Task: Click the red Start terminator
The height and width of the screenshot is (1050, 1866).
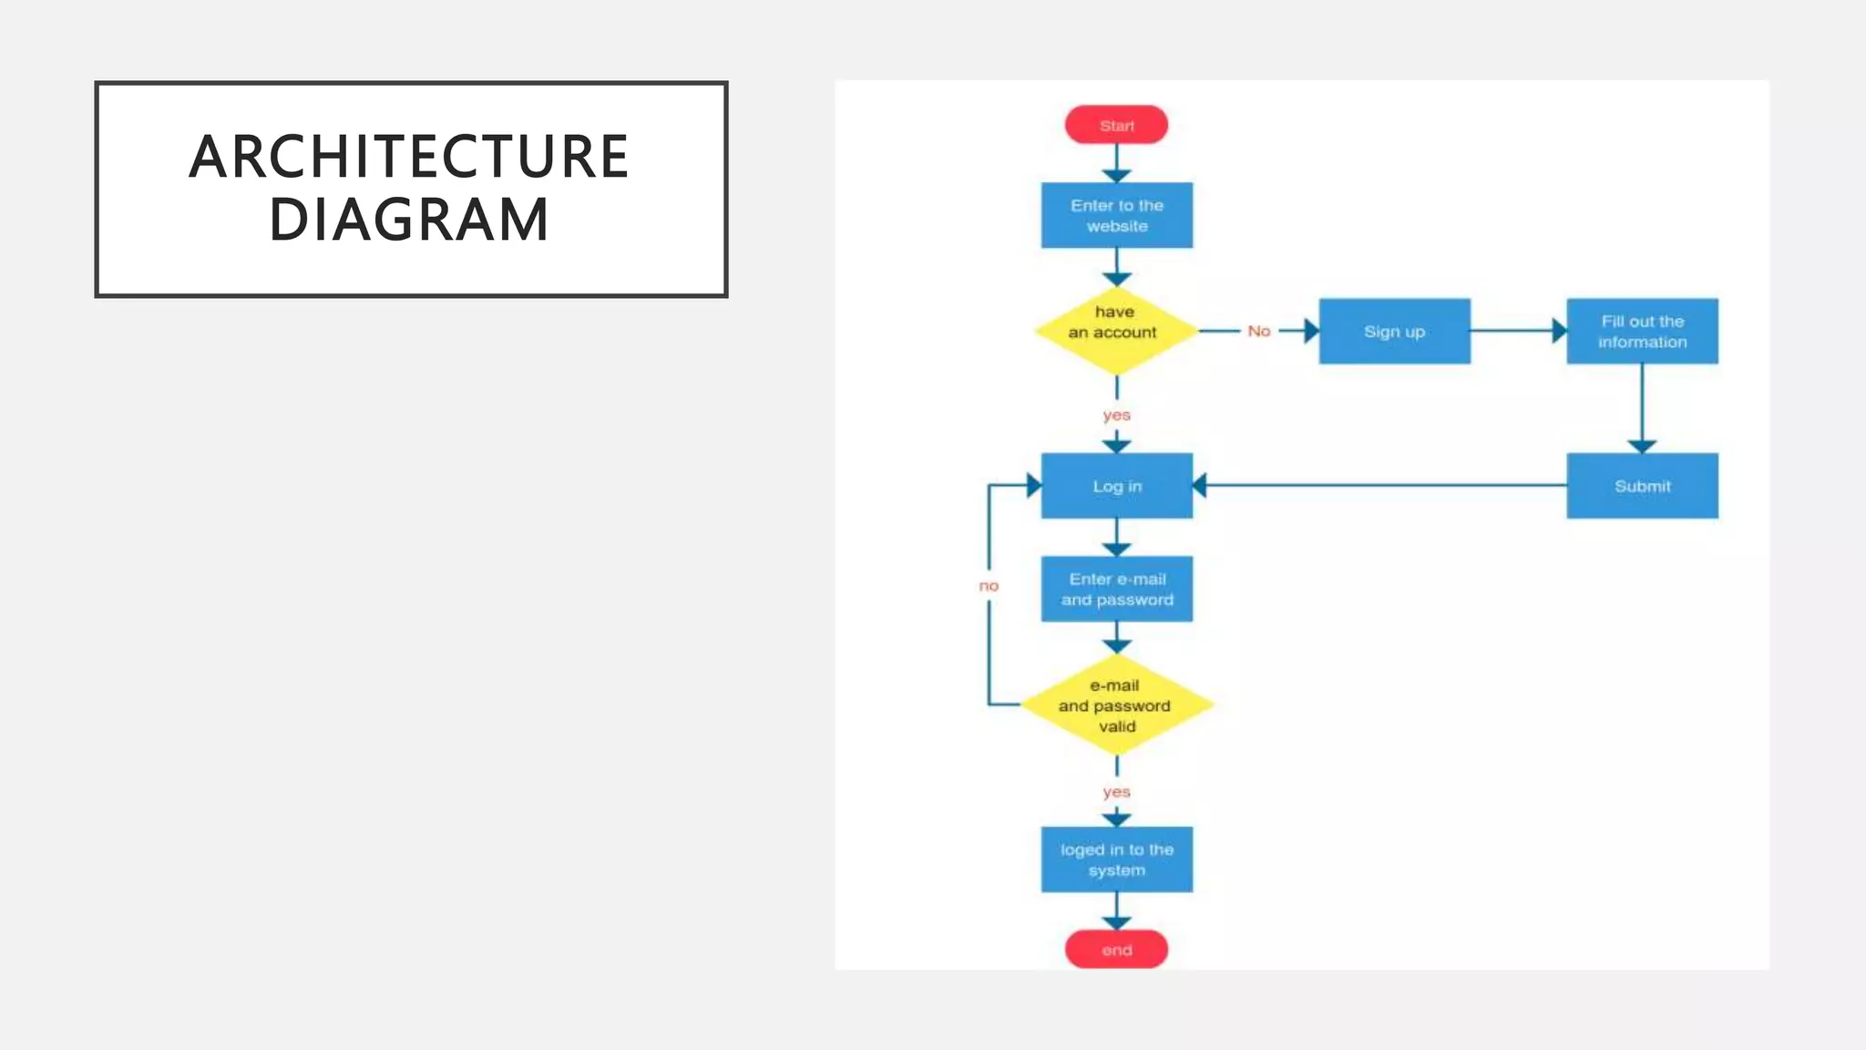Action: coord(1116,125)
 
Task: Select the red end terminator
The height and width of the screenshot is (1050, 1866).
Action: coord(1116,950)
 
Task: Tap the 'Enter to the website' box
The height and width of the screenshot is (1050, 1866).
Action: coord(1116,215)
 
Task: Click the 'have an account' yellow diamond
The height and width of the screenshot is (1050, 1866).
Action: coord(1114,331)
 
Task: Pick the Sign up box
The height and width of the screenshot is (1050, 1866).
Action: coord(1394,331)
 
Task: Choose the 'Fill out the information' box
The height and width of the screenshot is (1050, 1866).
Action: coord(1642,331)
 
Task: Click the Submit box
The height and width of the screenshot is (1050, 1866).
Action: coord(1642,486)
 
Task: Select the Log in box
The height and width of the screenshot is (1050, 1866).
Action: coord(1116,486)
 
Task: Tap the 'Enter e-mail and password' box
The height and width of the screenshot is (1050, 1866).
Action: coord(1116,589)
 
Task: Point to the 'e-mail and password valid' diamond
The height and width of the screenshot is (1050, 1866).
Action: coord(1116,705)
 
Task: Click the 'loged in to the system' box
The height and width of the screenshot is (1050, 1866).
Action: coord(1116,860)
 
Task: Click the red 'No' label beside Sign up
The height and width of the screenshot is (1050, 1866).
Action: coord(1259,331)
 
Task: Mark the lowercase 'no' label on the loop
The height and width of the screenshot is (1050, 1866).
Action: coord(989,585)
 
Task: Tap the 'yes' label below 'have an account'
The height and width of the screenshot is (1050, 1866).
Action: coord(1116,415)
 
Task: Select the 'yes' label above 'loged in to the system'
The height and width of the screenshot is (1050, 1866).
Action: coord(1116,791)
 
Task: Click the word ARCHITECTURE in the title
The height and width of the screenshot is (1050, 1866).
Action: coord(409,156)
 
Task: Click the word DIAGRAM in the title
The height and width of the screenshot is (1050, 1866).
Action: coord(409,220)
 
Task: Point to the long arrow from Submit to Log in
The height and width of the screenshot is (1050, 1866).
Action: coord(1380,486)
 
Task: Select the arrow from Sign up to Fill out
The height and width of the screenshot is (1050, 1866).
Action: coord(1516,331)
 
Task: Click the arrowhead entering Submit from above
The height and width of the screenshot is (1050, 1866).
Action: coord(1642,446)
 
